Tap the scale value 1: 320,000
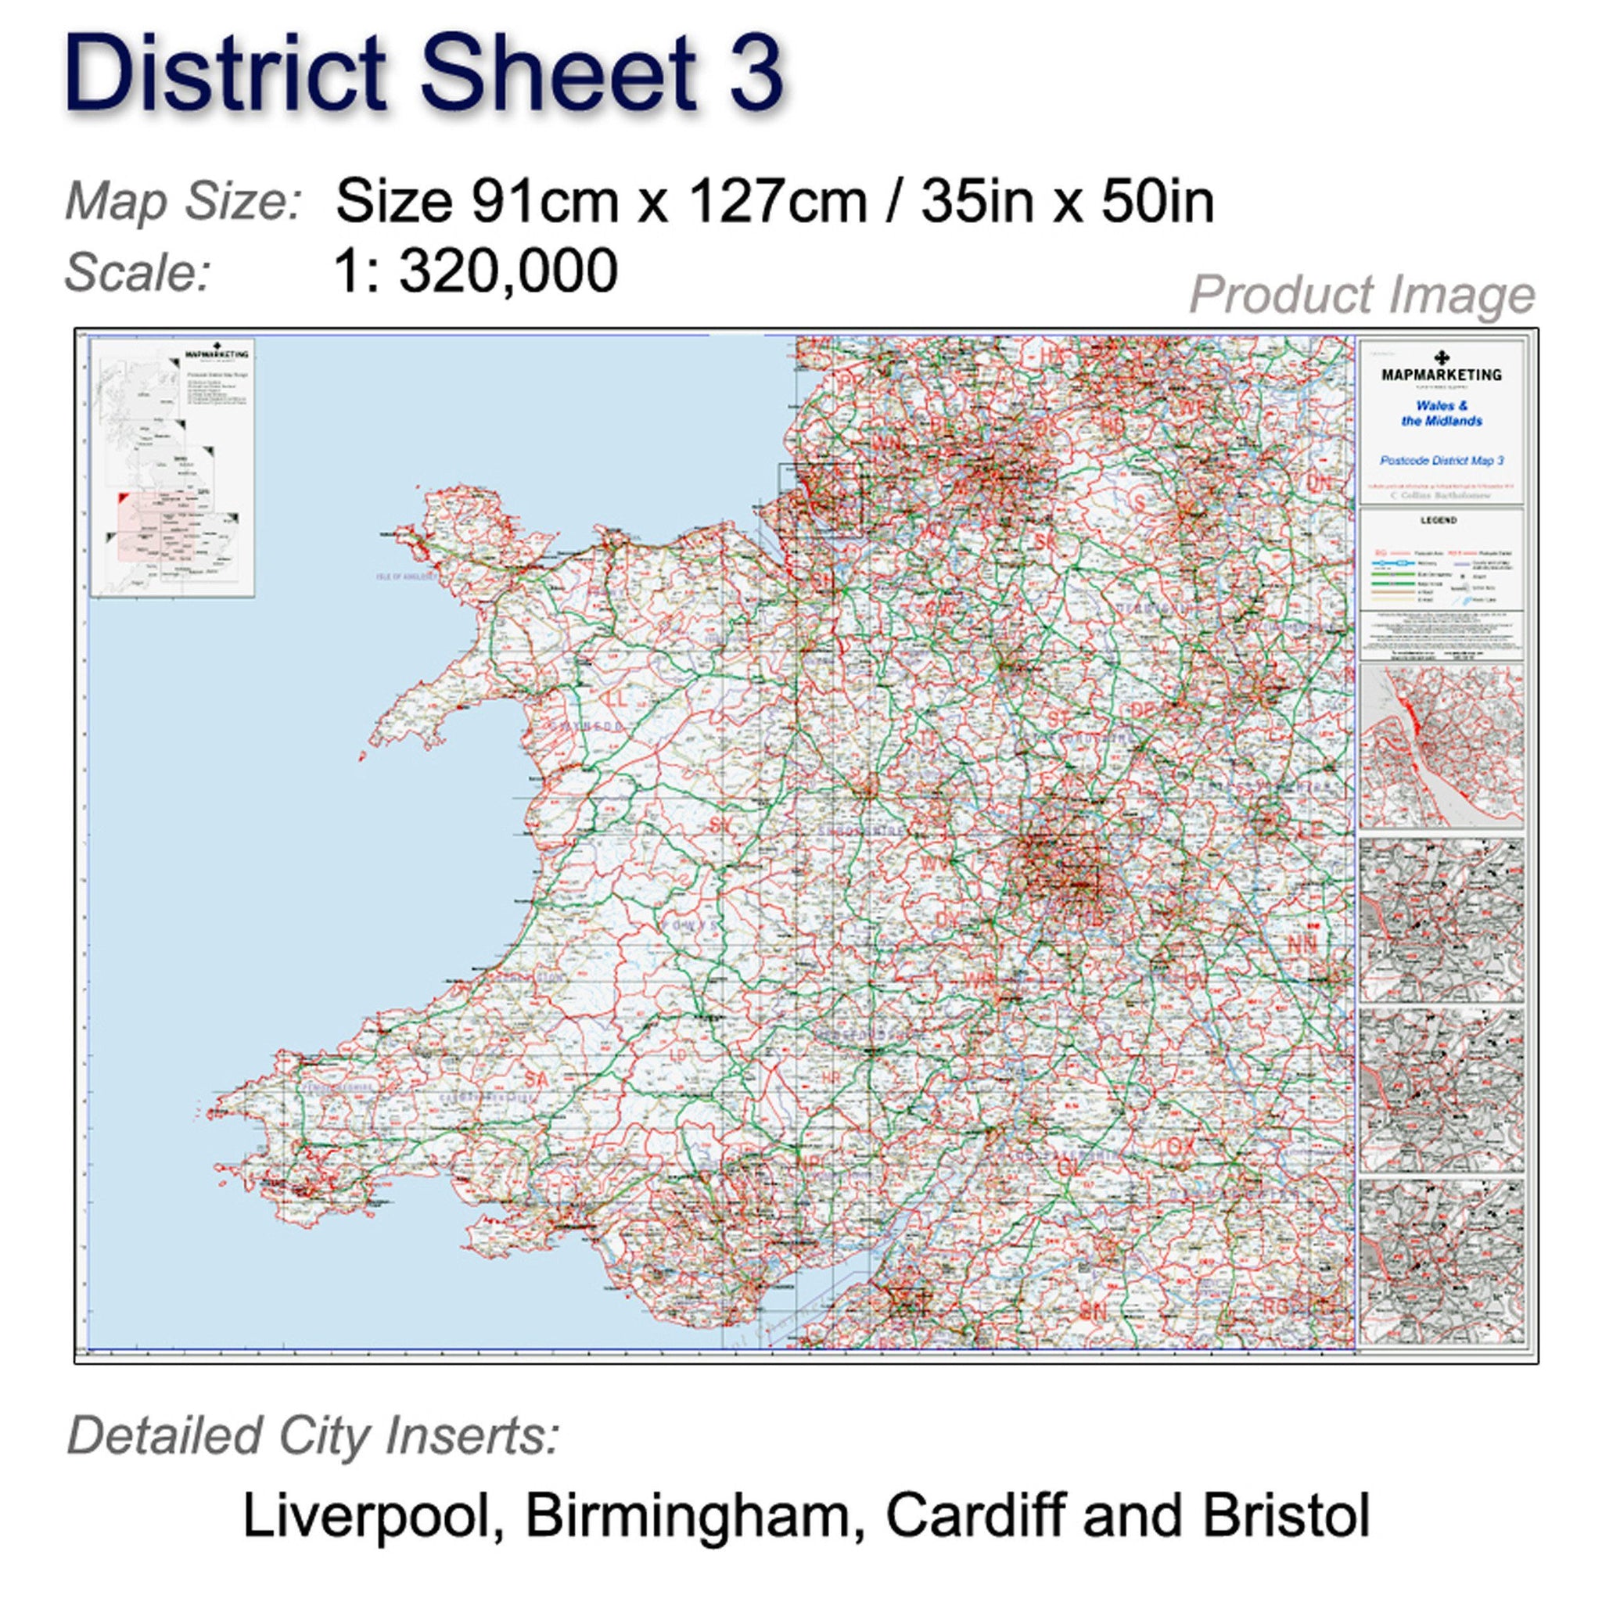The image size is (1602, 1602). tap(475, 271)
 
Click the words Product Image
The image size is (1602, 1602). tap(1362, 294)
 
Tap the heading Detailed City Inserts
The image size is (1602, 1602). tap(314, 1436)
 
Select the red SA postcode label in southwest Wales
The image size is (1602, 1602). tap(537, 1079)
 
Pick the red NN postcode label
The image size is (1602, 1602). tap(1301, 944)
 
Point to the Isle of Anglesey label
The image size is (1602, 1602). tap(405, 576)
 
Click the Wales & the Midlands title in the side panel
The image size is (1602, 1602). tap(1441, 413)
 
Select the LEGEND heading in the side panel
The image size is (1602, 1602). tap(1439, 521)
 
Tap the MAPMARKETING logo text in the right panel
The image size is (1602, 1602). tap(1441, 375)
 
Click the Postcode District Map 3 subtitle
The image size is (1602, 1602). tap(1441, 460)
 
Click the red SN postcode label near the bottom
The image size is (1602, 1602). tap(1093, 1334)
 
